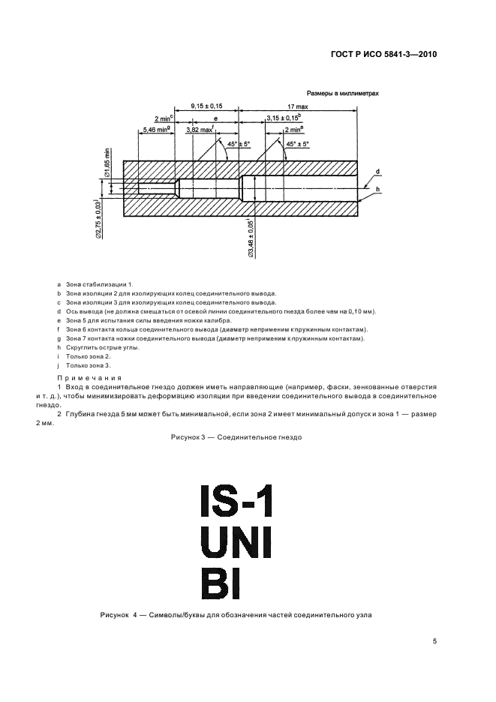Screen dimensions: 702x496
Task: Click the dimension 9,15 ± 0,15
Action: [x=206, y=106]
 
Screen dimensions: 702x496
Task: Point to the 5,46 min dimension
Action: [x=155, y=130]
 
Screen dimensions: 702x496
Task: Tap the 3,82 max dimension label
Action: [x=200, y=130]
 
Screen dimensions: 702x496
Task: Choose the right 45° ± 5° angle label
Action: [x=304, y=142]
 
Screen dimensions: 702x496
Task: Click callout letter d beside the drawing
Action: [x=377, y=172]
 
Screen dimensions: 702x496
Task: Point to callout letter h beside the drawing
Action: [x=377, y=189]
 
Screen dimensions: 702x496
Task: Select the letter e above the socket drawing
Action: [x=215, y=118]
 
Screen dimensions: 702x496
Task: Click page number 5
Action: [x=434, y=641]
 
